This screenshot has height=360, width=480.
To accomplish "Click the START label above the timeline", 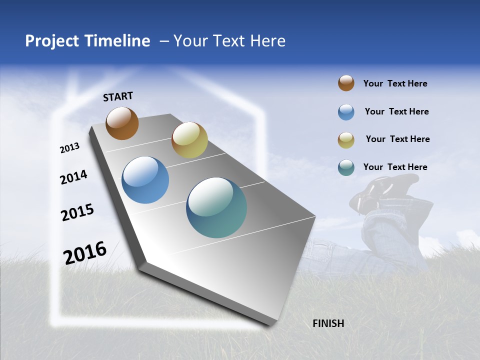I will [x=118, y=96].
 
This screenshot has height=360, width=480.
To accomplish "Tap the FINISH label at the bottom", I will [x=328, y=323].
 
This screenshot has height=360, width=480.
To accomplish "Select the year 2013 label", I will [x=70, y=148].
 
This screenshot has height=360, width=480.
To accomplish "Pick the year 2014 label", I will [x=73, y=177].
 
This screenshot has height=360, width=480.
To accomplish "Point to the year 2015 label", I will [x=77, y=212].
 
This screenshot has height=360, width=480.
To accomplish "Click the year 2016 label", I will [x=85, y=252].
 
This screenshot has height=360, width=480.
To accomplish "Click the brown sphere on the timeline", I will [x=122, y=123].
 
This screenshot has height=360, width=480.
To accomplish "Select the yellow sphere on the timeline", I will [x=189, y=140].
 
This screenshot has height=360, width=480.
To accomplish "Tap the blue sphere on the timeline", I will [x=145, y=180].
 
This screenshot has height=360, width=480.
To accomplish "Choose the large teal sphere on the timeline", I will [x=216, y=207].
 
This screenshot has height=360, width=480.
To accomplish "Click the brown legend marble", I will [x=346, y=83].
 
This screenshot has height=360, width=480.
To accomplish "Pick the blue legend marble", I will [x=346, y=112].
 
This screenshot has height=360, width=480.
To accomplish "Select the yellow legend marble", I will [x=346, y=140].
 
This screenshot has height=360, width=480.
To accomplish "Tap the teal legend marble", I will [x=346, y=167].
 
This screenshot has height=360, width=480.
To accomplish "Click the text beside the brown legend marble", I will [x=395, y=83].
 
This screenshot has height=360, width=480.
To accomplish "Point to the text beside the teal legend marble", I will [x=395, y=167].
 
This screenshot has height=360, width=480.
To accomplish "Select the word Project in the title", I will [x=52, y=41].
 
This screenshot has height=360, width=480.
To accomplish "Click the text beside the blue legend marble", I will [x=396, y=111].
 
